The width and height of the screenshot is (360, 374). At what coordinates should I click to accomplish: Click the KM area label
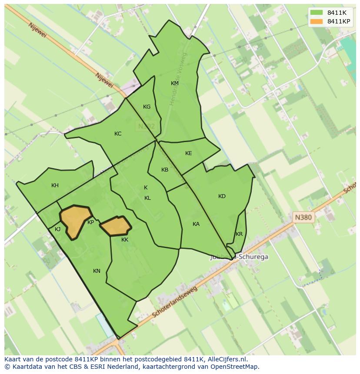(174, 83)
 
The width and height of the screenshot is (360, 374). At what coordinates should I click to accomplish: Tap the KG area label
(147, 107)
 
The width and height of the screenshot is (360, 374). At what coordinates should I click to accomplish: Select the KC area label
(118, 134)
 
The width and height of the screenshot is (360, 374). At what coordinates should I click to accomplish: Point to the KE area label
(188, 153)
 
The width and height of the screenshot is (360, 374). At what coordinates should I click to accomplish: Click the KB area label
(165, 170)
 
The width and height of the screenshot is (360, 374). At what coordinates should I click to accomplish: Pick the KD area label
(222, 196)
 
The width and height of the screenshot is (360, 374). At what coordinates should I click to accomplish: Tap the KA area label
(196, 224)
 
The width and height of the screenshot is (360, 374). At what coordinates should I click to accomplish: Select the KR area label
(239, 234)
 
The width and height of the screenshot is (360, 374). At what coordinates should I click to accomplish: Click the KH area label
(55, 185)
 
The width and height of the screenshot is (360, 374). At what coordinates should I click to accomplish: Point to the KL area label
(147, 198)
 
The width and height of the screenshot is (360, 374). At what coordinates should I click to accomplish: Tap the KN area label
(97, 271)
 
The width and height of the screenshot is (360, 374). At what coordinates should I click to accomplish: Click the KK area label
(125, 240)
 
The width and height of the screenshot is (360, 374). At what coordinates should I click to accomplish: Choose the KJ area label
(57, 229)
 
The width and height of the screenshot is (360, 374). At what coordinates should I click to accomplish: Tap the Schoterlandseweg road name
(174, 302)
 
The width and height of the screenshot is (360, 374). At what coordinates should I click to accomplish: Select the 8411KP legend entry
(339, 21)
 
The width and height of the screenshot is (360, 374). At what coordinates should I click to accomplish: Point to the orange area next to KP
(75, 220)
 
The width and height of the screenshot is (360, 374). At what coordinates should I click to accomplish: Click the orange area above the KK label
(116, 226)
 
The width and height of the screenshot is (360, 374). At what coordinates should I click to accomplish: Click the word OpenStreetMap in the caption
(235, 367)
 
